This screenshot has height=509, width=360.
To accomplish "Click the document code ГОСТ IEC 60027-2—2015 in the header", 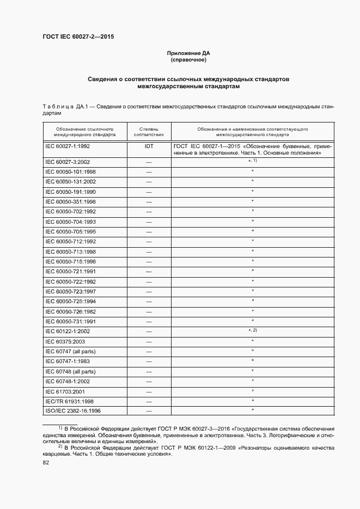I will [78, 37].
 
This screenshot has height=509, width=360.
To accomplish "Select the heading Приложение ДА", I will [188, 53].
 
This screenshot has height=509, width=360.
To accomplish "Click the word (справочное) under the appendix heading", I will [188, 59].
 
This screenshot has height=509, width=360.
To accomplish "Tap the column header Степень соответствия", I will [149, 131].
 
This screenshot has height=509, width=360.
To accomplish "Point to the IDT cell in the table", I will [149, 146].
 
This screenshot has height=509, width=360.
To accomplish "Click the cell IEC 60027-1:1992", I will [68, 146].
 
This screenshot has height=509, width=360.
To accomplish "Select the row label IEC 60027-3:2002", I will [68, 162].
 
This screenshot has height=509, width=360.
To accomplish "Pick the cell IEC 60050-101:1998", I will [71, 171].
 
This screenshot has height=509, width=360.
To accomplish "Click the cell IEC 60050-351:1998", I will [71, 201].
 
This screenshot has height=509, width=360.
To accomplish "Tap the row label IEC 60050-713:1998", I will [71, 252].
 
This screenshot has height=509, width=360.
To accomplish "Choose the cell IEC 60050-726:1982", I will [71, 311].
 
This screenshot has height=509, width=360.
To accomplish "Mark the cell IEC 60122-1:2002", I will [68, 331].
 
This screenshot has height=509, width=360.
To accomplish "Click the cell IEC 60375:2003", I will [65, 341].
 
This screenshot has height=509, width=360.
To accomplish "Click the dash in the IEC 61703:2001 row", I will [149, 391].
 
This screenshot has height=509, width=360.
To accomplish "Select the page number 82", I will [46, 463].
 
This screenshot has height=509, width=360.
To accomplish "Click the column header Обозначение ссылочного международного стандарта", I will [84, 131].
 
